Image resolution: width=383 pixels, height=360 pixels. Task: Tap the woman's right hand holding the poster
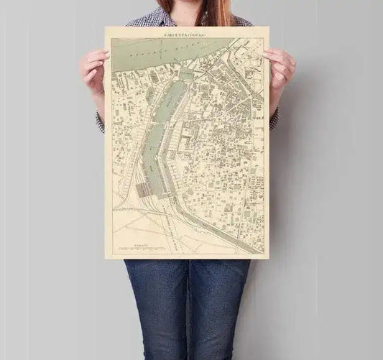click(x=94, y=70)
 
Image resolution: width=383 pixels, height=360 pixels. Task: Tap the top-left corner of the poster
click(x=106, y=28)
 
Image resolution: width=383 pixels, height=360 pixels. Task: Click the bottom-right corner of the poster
click(x=268, y=258)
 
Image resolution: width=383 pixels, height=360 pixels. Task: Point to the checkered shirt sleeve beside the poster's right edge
click(x=273, y=119)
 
